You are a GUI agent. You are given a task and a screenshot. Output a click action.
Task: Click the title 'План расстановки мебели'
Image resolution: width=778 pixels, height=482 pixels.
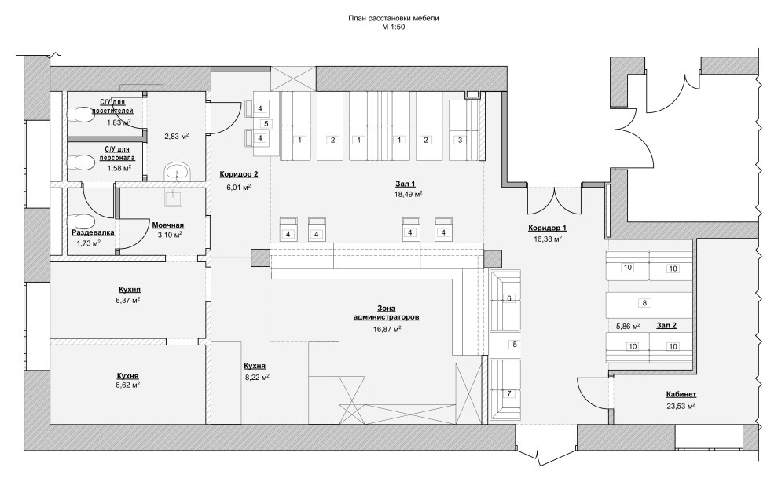click(394, 19)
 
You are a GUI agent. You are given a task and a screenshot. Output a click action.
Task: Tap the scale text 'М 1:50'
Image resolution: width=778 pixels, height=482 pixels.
click(394, 27)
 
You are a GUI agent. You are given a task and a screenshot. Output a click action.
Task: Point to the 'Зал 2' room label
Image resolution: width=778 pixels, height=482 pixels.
click(666, 325)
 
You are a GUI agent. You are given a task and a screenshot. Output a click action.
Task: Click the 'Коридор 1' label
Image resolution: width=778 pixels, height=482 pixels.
click(547, 228)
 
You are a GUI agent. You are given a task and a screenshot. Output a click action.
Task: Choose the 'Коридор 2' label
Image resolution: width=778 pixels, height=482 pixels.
click(239, 174)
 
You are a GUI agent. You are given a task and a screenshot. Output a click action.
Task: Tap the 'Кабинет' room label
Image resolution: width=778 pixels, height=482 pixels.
click(681, 394)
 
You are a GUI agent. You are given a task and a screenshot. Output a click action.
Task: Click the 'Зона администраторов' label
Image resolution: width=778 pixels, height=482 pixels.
click(387, 312)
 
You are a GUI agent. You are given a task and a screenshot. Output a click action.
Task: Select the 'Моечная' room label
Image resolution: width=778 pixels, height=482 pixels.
click(168, 225)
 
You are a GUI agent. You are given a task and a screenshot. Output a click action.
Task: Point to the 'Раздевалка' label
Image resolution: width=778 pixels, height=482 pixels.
click(93, 232)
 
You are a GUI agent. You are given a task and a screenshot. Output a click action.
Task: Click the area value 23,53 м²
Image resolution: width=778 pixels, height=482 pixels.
click(681, 405)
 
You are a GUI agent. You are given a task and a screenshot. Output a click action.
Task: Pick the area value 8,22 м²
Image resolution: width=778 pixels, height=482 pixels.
click(255, 377)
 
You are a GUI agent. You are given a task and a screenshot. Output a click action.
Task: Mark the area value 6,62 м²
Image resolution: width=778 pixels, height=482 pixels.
click(128, 385)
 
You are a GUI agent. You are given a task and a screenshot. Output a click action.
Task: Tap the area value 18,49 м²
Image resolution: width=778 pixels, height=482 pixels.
click(408, 195)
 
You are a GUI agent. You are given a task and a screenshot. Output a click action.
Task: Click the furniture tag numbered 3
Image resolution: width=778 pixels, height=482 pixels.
click(460, 140)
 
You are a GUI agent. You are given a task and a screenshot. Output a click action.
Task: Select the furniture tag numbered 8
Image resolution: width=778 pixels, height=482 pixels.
click(644, 303)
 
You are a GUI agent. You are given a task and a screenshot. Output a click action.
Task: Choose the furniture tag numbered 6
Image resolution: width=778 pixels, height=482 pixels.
click(508, 298)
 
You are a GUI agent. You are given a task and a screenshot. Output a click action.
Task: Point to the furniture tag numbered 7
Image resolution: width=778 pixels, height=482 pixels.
click(508, 394)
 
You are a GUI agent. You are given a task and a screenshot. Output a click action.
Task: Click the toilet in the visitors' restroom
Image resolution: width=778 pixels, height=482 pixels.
click(83, 115)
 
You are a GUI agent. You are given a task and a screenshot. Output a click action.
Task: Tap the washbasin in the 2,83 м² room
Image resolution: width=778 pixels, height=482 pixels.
click(176, 172)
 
